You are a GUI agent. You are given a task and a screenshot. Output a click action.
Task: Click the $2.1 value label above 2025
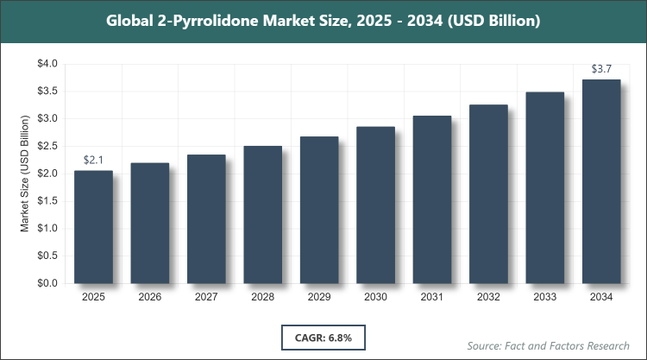click(93, 160)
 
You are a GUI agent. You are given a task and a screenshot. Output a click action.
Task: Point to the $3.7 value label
click(602, 68)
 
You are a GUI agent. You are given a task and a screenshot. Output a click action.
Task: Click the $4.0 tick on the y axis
click(47, 64)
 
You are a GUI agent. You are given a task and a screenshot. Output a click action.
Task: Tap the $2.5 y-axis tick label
click(47, 146)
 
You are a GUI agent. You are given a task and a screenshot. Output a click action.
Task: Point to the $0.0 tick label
click(47, 283)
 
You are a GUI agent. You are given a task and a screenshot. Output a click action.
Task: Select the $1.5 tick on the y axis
click(47, 201)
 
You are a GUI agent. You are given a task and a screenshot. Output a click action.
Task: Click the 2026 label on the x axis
click(150, 298)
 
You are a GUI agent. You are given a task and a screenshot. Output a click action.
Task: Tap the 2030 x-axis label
click(376, 298)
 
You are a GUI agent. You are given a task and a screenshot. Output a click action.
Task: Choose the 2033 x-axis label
click(545, 298)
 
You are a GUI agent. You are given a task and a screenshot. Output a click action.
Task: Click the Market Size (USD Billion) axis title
click(27, 173)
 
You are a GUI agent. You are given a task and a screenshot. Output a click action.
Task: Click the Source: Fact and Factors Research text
click(549, 345)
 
